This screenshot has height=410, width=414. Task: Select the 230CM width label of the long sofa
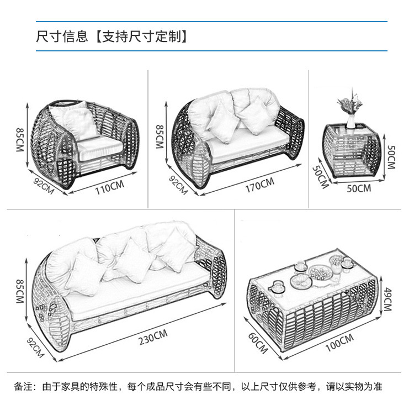153,337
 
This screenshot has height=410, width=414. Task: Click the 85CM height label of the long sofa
20,290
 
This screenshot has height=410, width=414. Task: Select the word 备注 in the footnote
23,386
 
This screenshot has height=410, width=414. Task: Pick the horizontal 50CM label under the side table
359,188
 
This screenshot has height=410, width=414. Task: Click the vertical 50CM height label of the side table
391,157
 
